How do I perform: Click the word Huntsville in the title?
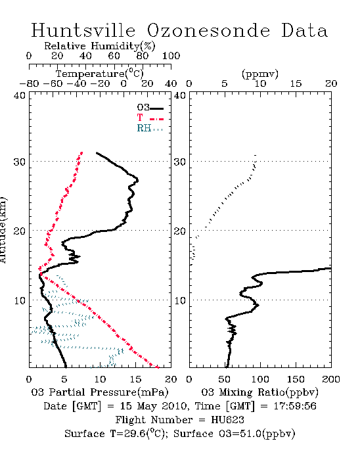tap(83, 30)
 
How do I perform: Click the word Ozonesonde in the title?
tap(208, 30)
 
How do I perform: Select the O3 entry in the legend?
tap(150, 108)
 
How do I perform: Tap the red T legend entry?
tap(150, 118)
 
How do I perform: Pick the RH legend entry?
tap(150, 128)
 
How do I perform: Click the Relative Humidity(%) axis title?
tap(100, 46)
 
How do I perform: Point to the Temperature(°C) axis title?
tap(100, 74)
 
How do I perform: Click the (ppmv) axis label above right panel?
tap(260, 74)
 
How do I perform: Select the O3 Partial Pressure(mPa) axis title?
tap(100, 392)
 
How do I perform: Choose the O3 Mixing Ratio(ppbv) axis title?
tap(259, 392)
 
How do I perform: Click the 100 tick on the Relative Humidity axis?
tap(171, 56)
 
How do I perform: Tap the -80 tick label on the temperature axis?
tap(29, 83)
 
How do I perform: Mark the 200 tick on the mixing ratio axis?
tap(331, 379)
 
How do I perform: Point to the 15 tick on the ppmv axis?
tap(296, 83)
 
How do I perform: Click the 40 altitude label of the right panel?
tap(180, 96)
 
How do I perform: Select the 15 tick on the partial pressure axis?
tap(135, 379)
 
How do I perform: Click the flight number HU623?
tap(227, 420)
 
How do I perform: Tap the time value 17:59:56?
tap(295, 406)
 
